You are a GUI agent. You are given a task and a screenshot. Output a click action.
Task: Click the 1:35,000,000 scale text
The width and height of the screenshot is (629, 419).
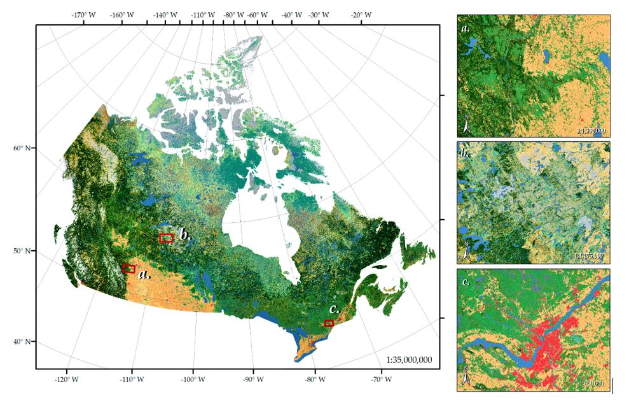[x=409, y=360]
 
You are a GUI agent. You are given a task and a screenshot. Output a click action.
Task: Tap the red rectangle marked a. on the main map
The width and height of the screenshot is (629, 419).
[x=128, y=269]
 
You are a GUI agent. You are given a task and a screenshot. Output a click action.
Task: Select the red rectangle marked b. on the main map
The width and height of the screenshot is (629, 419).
[x=166, y=238]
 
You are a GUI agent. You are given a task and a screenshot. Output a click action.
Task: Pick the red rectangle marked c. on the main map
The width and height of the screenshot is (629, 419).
[x=329, y=323]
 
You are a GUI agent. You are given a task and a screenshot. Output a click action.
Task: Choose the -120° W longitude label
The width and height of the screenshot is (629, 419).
[x=67, y=380]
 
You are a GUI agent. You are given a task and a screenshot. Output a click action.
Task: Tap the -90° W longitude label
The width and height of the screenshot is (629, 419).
[x=253, y=380]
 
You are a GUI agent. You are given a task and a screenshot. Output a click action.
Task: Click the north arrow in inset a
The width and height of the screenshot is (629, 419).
[x=466, y=124]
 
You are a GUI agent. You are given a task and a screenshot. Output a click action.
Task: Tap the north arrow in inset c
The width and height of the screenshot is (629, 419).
[x=466, y=378]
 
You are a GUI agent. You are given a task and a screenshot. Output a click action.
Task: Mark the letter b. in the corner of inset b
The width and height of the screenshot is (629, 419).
[x=465, y=153]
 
